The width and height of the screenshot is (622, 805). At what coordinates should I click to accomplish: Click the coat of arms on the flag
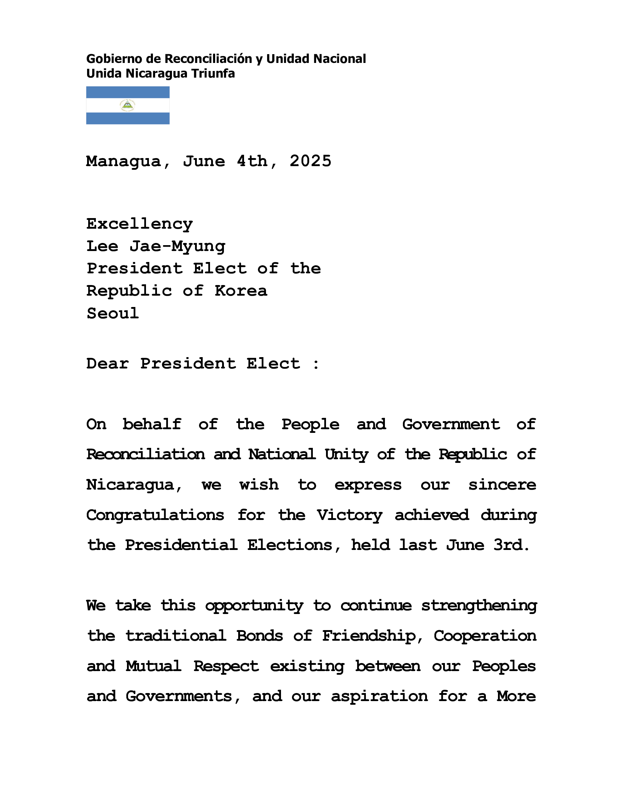coord(127,105)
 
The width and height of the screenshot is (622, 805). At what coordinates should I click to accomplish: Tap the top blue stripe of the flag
coord(127,92)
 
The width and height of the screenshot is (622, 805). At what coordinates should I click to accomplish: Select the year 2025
coord(310,161)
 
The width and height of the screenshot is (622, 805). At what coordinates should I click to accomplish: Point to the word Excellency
coord(140,224)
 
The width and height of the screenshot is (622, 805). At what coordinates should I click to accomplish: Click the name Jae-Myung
coord(177,247)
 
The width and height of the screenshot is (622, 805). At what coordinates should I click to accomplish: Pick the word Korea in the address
coord(241,291)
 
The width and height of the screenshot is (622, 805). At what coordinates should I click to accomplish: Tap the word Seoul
coord(113,314)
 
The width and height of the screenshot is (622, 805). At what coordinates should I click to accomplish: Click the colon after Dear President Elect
coord(316,364)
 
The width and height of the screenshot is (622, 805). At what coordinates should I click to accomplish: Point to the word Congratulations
coord(155,515)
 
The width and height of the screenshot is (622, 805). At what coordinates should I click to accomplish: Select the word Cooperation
coord(485,636)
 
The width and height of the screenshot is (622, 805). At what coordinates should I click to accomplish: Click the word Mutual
coord(153,666)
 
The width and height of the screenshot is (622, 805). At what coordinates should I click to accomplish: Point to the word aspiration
coord(379,696)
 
